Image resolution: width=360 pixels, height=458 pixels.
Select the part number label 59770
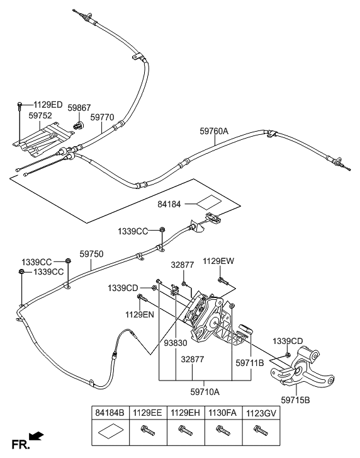(x=102, y=117)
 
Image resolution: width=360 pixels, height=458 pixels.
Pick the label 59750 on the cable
(x=91, y=255)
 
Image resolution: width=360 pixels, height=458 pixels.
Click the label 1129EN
(x=140, y=314)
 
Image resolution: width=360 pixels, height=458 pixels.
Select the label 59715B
(x=296, y=399)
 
